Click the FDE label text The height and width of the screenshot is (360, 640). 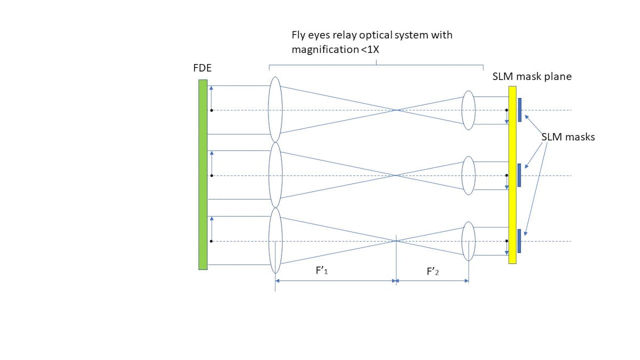(202, 69)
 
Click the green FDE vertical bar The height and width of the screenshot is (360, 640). (203, 174)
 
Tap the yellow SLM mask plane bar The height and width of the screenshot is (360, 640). (512, 175)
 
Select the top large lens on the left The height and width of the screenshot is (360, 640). (275, 109)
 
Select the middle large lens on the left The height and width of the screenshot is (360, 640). (275, 175)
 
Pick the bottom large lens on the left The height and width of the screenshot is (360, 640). (275, 241)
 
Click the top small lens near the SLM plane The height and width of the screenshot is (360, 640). (468, 110)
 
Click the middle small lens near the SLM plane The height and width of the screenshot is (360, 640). (468, 175)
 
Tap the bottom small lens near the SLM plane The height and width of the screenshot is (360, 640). (468, 241)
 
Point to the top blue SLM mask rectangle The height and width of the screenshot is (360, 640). (519, 110)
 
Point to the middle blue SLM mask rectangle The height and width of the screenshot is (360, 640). (519, 175)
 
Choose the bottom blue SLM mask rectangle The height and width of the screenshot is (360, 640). (519, 241)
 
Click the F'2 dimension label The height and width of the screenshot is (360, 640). (432, 271)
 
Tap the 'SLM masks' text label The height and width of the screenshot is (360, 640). (568, 137)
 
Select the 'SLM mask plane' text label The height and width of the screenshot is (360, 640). (532, 77)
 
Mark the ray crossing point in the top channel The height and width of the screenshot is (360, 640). (396, 110)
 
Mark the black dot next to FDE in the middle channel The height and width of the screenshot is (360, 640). (212, 175)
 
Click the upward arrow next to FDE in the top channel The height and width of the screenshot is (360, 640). (212, 97)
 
